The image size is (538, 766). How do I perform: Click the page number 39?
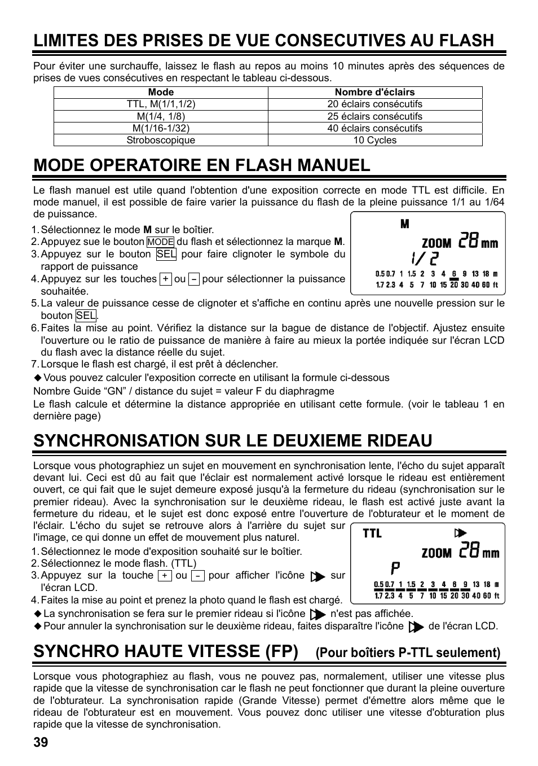(41, 743)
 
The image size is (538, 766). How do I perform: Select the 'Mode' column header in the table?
(161, 92)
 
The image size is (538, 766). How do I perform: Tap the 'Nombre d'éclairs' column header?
(374, 92)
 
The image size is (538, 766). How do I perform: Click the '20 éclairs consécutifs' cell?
(374, 104)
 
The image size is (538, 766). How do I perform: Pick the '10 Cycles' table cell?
(374, 140)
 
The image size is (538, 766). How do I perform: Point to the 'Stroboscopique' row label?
(161, 140)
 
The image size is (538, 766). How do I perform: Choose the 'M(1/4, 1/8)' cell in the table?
(161, 116)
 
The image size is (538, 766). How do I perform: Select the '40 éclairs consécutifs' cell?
(374, 128)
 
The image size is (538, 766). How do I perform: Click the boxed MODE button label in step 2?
(160, 242)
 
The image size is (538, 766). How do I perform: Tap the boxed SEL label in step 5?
(86, 316)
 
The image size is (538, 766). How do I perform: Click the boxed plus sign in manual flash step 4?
(165, 279)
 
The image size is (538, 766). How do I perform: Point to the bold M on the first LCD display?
(404, 225)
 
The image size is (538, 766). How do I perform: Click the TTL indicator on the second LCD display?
(372, 533)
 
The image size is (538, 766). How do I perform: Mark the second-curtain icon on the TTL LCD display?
(461, 533)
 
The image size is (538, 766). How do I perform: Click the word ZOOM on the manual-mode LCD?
(436, 244)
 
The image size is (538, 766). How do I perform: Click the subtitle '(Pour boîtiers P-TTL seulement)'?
(408, 653)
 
